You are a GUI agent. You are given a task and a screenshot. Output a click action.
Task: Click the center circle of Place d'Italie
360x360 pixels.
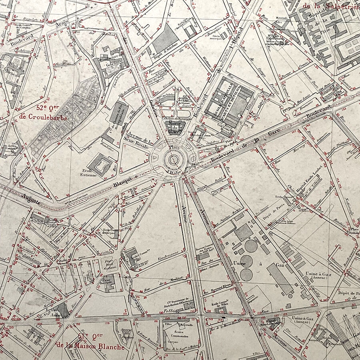(x=174, y=160)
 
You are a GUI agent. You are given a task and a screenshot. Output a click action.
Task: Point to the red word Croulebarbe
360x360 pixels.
(x=39, y=117)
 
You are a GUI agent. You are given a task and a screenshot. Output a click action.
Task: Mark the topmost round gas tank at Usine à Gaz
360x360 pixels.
(x=251, y=246)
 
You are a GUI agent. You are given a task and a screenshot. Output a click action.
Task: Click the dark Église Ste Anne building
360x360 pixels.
(x=62, y=310)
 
